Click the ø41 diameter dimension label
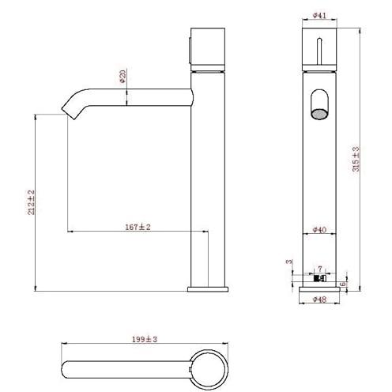(x=319, y=16)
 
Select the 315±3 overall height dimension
(x=356, y=160)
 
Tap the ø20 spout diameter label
(x=122, y=77)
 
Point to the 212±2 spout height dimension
(x=32, y=202)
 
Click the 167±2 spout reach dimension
(x=138, y=227)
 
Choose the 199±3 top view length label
(x=145, y=339)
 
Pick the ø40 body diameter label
(x=319, y=230)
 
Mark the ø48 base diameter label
(x=319, y=300)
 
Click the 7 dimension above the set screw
(x=320, y=269)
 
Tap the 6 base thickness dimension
(x=343, y=284)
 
